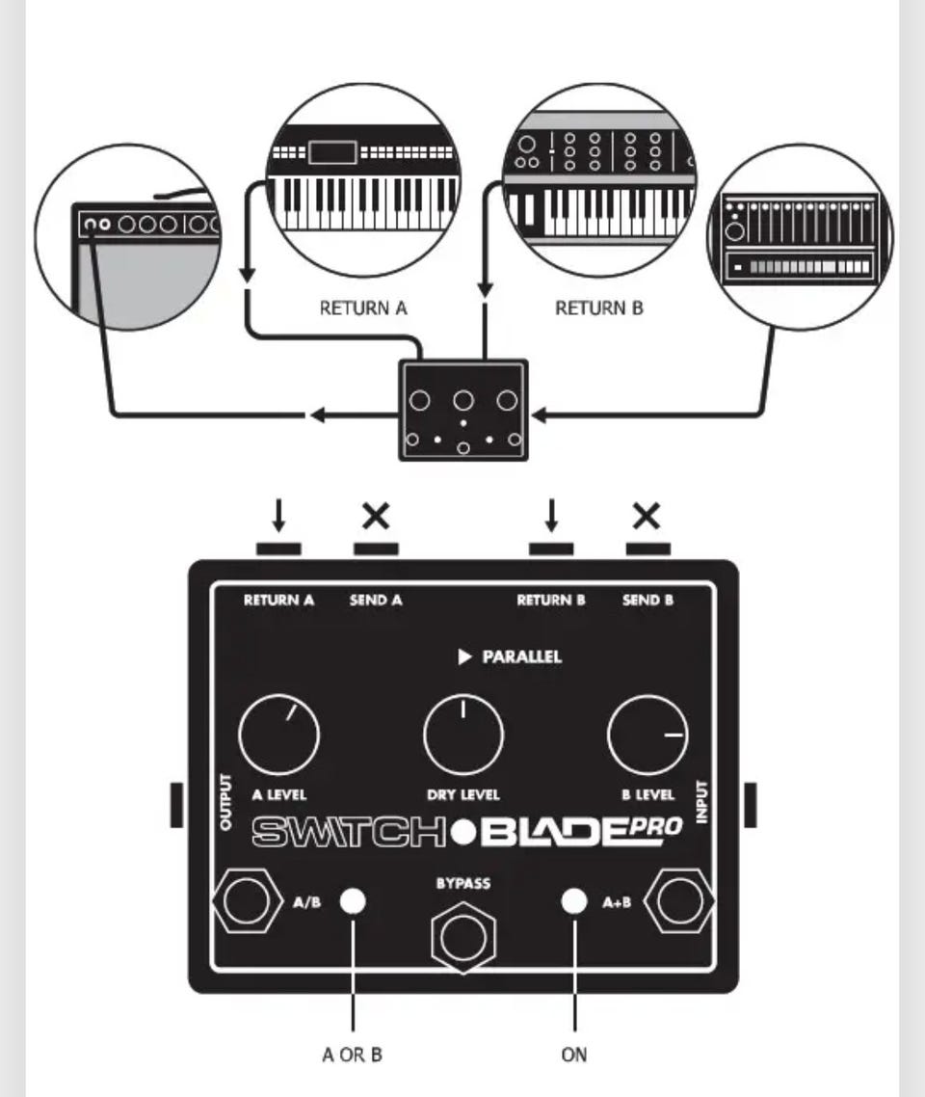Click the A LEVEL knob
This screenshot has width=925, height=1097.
click(x=278, y=736)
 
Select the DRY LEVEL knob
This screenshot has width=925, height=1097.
click(x=463, y=736)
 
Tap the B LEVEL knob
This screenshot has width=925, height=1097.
click(x=647, y=736)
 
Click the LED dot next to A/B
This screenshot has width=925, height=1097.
click(x=354, y=901)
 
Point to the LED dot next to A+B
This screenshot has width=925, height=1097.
click(x=574, y=901)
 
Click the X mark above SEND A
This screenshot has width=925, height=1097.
click(x=376, y=517)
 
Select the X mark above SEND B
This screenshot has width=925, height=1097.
click(x=647, y=517)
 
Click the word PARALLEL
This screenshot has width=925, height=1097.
click(x=521, y=657)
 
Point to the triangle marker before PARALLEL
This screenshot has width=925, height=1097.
click(x=464, y=657)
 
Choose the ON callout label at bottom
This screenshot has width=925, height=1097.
click(x=574, y=1055)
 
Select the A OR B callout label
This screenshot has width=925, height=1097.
click(x=352, y=1055)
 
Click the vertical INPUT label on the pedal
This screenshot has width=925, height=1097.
click(x=701, y=802)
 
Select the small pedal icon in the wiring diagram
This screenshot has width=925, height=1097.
click(x=463, y=410)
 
